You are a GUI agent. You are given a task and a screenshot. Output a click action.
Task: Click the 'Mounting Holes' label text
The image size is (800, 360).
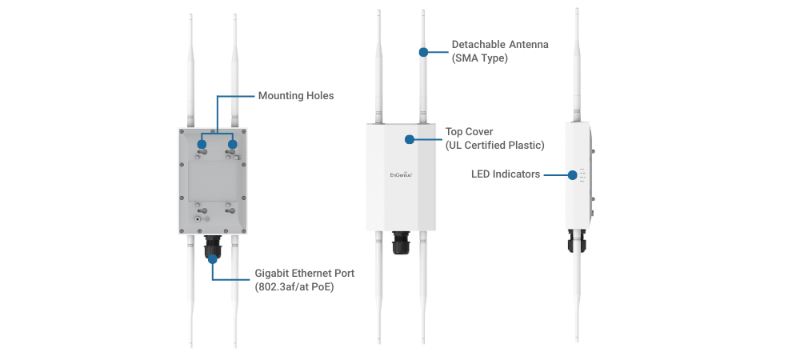tap(295, 96)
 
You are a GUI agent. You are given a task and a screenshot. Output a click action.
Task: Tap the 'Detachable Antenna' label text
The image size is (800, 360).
tap(500, 45)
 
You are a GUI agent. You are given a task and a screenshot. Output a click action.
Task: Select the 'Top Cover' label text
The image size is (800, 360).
tap(469, 131)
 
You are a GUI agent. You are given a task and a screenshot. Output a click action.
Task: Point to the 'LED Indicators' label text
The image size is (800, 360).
tap(506, 174)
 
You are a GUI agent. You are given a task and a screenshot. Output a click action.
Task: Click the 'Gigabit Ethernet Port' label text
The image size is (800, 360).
tap(304, 273)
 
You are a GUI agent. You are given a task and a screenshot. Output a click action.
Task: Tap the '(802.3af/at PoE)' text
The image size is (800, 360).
tap(294, 286)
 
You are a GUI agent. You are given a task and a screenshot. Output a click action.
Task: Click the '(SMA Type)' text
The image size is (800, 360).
tap(480, 58)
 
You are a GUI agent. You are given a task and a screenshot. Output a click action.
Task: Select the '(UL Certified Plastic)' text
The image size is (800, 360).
tap(494, 145)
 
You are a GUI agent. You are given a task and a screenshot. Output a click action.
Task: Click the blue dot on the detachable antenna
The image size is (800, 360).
tap(423, 53)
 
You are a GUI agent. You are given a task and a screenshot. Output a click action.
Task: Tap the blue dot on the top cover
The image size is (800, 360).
tap(410, 139)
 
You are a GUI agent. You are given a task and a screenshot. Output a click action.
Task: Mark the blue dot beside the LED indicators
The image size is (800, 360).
tap(573, 174)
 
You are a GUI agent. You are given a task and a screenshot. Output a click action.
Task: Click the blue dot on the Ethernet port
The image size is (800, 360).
tap(213, 258)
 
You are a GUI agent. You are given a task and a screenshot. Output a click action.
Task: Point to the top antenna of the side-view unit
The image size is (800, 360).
tap(576, 64)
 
